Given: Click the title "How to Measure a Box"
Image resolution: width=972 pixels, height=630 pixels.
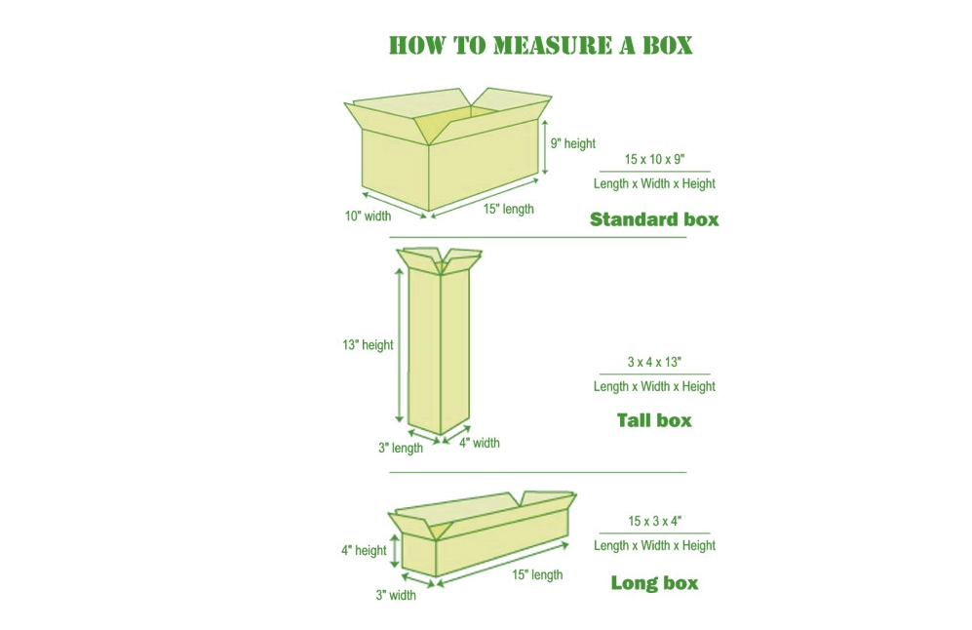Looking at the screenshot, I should [540, 45].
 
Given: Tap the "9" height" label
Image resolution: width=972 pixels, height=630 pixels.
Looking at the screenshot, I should [572, 143].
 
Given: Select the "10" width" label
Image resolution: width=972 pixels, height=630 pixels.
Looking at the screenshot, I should [368, 217].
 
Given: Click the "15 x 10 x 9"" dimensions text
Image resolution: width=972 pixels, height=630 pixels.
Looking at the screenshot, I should [654, 159].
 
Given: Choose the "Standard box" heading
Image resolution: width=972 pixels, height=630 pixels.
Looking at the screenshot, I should [654, 219].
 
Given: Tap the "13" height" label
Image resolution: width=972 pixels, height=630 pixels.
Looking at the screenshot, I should [368, 344].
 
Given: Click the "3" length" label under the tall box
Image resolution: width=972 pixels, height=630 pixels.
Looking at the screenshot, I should [401, 449].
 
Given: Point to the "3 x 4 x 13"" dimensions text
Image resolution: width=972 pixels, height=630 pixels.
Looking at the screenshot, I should [654, 362].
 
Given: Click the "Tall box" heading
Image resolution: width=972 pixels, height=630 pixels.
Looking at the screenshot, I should [654, 420].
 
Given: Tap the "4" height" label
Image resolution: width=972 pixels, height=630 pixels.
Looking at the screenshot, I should [364, 550].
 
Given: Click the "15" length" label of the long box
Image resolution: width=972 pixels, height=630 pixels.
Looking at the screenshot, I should [537, 575].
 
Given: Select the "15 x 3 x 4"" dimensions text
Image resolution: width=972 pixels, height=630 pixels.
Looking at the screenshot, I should [654, 521].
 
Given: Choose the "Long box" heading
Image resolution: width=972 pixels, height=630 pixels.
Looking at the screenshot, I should [654, 583].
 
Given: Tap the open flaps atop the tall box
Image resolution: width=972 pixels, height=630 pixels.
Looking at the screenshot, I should [440, 258].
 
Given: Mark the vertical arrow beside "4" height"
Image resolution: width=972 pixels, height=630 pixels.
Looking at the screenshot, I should [393, 550].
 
